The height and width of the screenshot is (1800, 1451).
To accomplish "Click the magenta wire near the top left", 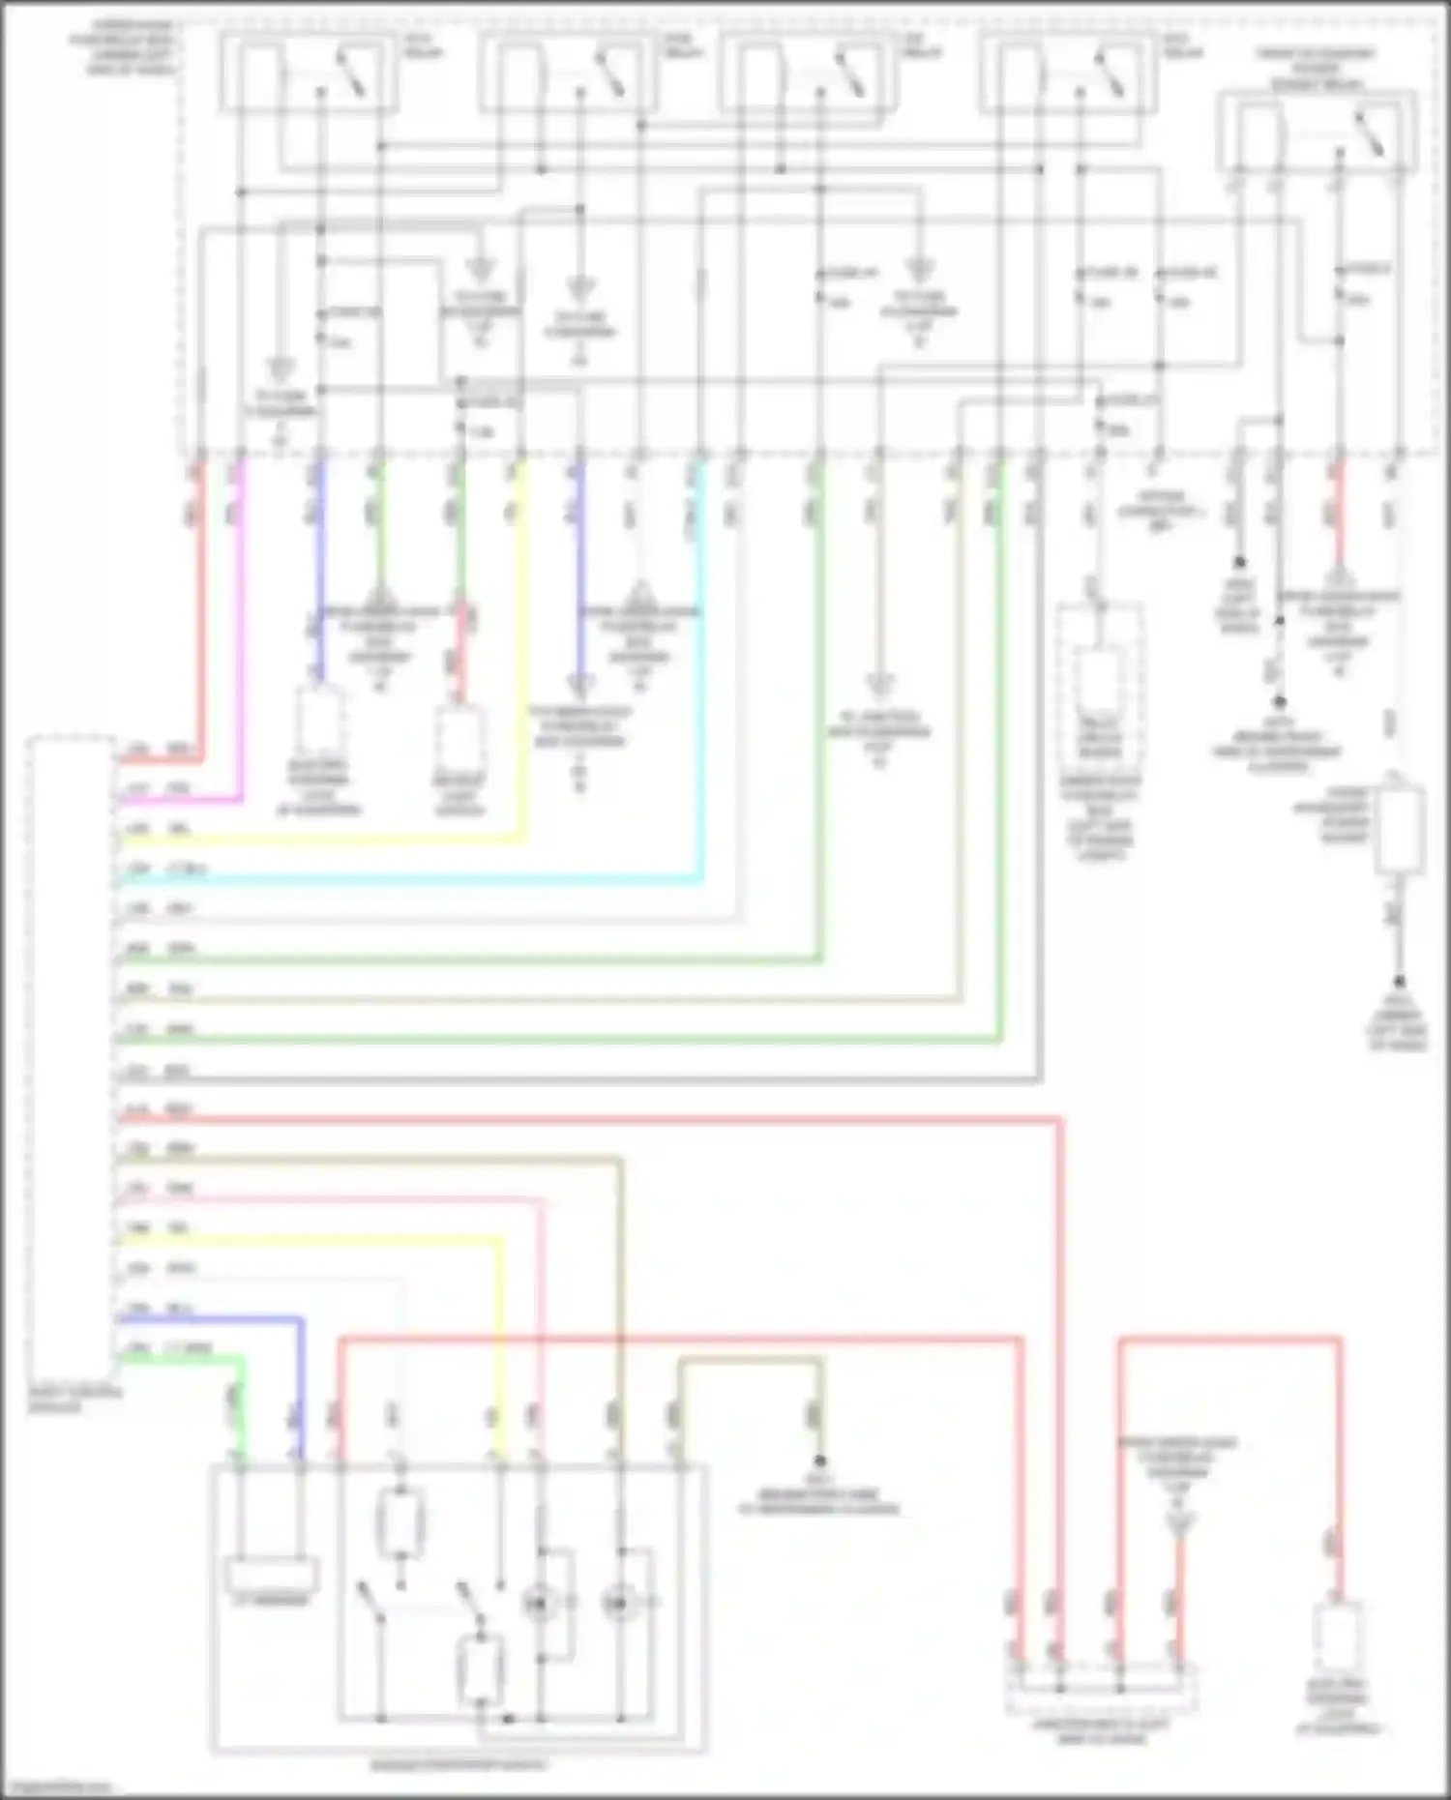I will [x=240, y=629].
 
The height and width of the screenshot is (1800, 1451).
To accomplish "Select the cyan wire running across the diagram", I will [x=406, y=879].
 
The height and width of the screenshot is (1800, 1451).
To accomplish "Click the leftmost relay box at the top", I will [x=308, y=72].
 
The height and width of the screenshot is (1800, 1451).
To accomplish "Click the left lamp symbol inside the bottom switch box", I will [x=538, y=1604].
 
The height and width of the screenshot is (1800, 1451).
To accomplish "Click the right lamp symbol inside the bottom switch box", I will [x=616, y=1604].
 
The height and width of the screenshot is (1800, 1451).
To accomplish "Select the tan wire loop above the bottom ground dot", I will [x=750, y=1360].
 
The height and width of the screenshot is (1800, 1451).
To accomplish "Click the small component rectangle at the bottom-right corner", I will [x=1339, y=1640].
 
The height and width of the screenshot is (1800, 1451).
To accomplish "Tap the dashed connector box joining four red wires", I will [x=1101, y=1689].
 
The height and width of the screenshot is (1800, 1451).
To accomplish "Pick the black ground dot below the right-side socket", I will [x=1398, y=980].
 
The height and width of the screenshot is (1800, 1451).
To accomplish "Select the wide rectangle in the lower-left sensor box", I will [x=272, y=1575].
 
